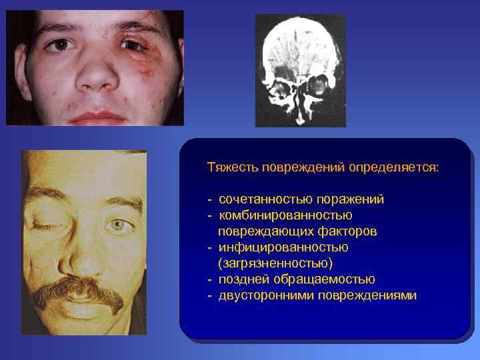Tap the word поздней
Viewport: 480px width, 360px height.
click(242, 279)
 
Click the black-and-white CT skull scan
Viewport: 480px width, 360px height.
click(300, 70)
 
